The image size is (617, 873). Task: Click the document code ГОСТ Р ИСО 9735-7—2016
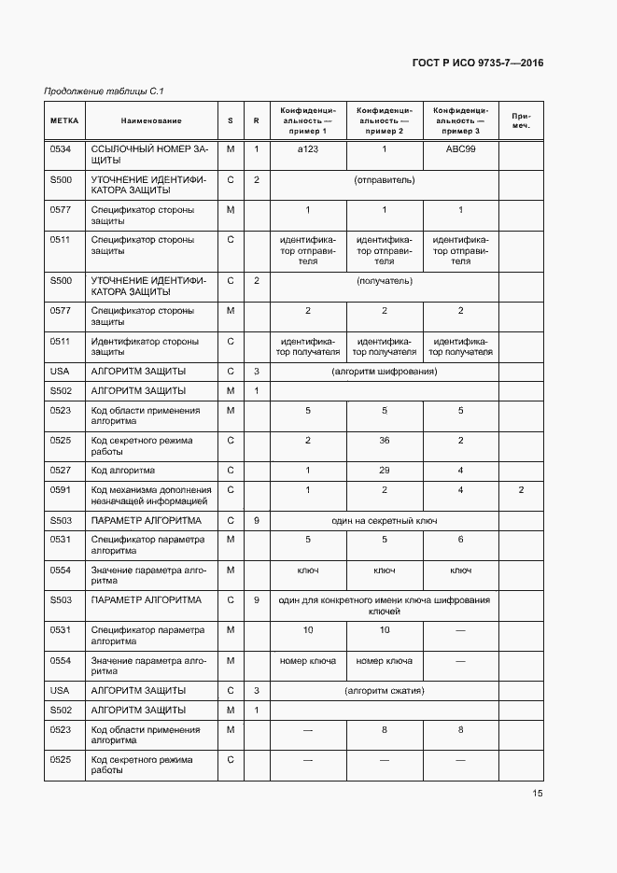(477, 63)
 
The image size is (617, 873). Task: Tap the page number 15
(538, 794)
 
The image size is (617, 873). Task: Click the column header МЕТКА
(64, 120)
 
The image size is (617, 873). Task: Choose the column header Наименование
(151, 120)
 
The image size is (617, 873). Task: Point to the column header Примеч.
(521, 120)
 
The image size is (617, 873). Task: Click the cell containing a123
(307, 149)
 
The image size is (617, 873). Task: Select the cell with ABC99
(460, 149)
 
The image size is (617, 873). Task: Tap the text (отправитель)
(385, 179)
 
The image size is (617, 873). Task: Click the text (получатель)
(385, 280)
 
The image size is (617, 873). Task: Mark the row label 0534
(61, 149)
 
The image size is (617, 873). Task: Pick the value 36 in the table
(385, 441)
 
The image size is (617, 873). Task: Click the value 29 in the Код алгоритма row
(385, 471)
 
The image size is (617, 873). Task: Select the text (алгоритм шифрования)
(385, 372)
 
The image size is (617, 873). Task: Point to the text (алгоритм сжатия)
(385, 691)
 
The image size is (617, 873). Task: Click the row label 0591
(61, 490)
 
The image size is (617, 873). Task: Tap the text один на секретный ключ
(385, 520)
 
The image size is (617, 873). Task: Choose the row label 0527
(61, 471)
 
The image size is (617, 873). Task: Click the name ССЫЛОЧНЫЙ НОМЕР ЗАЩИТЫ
(149, 155)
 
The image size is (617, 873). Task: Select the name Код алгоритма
(122, 471)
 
